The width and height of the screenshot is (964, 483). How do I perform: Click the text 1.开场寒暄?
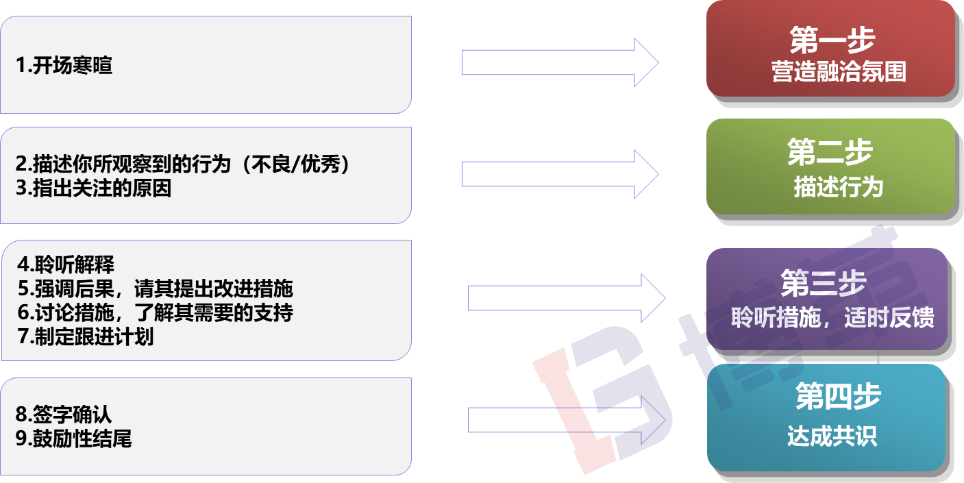pos(64,66)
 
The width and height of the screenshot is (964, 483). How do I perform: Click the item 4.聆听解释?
pos(66,264)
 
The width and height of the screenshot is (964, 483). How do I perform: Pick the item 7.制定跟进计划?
pos(85,336)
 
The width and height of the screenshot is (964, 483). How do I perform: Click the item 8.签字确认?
pos(64,414)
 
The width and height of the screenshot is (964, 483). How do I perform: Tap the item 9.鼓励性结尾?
pos(74,438)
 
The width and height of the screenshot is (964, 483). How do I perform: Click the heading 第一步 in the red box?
pos(831,40)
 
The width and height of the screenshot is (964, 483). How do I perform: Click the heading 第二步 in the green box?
pos(830,151)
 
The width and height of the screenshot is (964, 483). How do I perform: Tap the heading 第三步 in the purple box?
pos(824,283)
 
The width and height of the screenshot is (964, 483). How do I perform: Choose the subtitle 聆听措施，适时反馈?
pos(832,318)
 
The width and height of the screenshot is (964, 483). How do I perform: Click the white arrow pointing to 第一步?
pos(559,62)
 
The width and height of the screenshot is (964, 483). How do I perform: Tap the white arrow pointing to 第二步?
pos(559,173)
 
